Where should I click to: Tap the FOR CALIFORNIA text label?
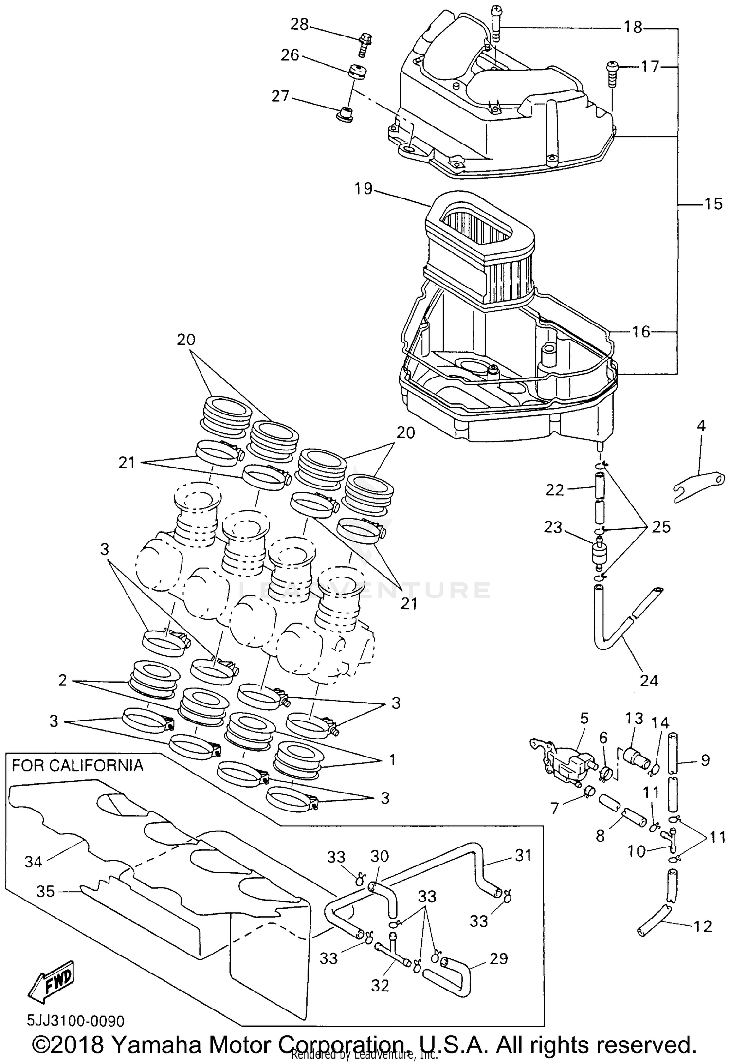pyautogui.click(x=77, y=765)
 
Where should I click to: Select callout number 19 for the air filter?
pyautogui.click(x=363, y=188)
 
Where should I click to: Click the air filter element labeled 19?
pyautogui.click(x=479, y=253)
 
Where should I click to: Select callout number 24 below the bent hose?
pyautogui.click(x=649, y=680)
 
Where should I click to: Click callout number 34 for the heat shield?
pyautogui.click(x=34, y=862)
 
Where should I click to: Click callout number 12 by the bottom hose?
pyautogui.click(x=703, y=926)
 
